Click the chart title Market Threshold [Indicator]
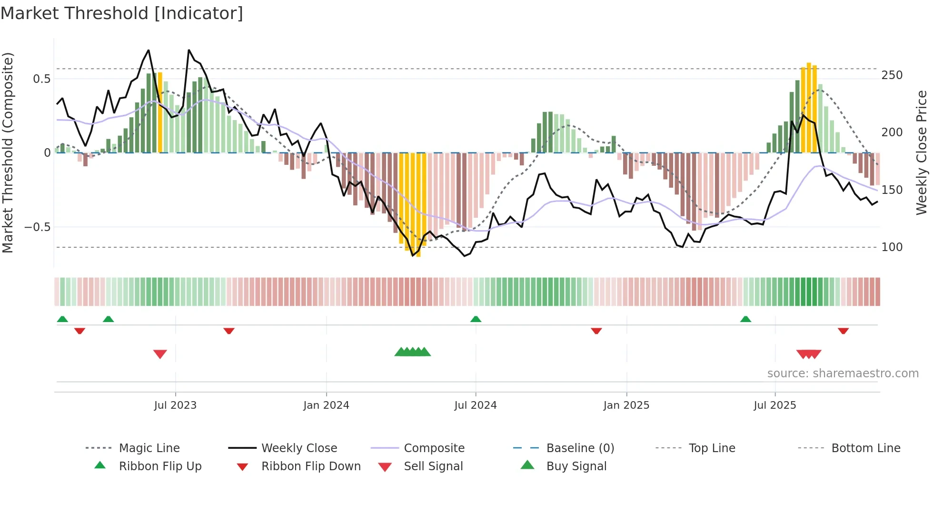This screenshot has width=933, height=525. click(x=122, y=13)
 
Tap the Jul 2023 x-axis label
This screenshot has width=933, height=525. click(x=175, y=405)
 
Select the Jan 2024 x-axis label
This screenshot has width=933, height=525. click(x=326, y=405)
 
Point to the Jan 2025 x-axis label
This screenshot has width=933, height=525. click(x=626, y=405)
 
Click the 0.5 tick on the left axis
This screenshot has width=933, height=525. click(x=41, y=79)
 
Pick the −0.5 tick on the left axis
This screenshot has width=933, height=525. click(x=38, y=227)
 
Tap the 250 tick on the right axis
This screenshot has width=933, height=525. click(x=892, y=75)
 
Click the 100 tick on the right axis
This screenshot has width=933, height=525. click(x=892, y=247)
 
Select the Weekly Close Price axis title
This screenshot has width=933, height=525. click(x=922, y=152)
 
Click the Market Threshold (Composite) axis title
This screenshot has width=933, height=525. click(x=8, y=152)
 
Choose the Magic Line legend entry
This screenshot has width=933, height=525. click(x=149, y=448)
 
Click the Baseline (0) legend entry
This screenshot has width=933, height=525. click(x=580, y=448)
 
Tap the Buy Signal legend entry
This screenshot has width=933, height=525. click(x=576, y=466)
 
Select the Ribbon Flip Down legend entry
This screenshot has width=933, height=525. click(x=310, y=466)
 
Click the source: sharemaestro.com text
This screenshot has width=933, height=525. click(x=843, y=374)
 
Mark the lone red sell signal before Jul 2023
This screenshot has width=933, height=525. click(x=160, y=354)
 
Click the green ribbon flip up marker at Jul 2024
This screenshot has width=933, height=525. click(x=476, y=319)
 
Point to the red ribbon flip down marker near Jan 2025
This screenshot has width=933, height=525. click(x=596, y=331)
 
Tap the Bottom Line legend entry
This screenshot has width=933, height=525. click(x=865, y=448)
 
